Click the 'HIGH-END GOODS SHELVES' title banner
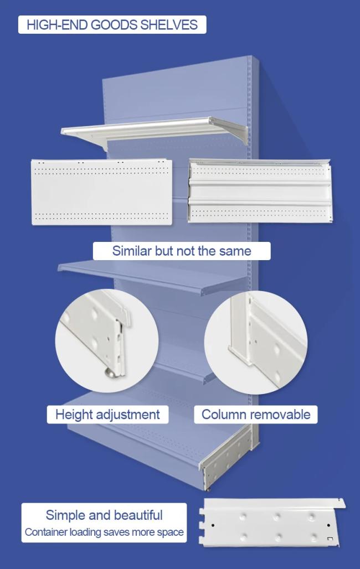[x=112, y=25]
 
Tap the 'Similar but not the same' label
[x=182, y=251]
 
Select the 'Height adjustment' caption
[x=107, y=415]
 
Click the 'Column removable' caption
[x=256, y=415]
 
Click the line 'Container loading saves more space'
[x=104, y=532]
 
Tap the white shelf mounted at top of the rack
[x=154, y=131]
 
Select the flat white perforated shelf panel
[x=102, y=192]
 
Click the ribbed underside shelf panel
[x=260, y=190]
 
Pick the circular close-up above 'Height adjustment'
[x=107, y=341]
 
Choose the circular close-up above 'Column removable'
[x=256, y=342]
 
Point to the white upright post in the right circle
[x=240, y=327]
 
